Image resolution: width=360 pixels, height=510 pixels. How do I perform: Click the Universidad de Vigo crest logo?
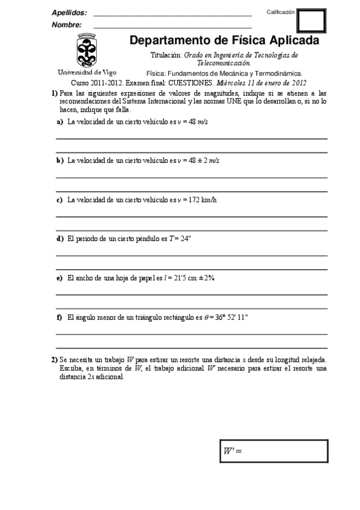[84, 51]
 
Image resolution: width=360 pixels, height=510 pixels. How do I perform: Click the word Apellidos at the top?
[69, 13]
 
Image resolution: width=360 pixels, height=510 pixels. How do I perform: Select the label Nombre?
[67, 25]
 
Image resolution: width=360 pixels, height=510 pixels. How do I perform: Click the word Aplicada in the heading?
[291, 41]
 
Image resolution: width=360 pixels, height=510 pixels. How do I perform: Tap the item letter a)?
[59, 121]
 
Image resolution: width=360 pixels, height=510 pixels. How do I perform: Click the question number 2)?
[54, 360]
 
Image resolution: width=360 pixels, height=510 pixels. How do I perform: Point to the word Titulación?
[166, 55]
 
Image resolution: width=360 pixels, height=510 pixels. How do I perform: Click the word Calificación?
[281, 12]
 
